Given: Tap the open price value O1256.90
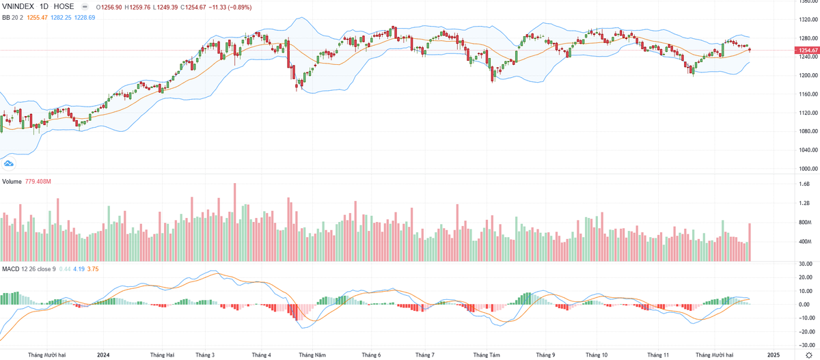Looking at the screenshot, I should coord(111,6).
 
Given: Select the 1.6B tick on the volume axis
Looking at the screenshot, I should coord(804,184).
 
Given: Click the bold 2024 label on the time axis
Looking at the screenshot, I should coord(103,355).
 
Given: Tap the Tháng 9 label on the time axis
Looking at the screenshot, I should coord(545,355).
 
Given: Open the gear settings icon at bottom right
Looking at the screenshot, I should coord(809,355).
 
